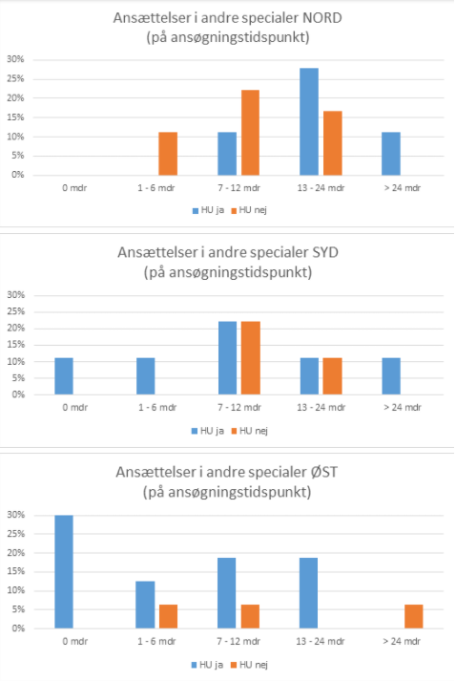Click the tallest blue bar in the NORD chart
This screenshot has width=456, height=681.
pos(309,121)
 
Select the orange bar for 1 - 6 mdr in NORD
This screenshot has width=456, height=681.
pos(168,154)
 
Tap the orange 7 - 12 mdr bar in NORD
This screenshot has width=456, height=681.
pos(250,133)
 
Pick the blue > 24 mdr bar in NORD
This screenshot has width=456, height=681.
pos(391,154)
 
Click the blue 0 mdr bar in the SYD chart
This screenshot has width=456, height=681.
pos(64,376)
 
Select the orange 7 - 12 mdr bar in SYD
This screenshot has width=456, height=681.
pos(250,358)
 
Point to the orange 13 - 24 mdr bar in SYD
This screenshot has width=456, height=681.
pos(332,376)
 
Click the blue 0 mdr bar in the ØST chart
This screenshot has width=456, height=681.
pos(64,571)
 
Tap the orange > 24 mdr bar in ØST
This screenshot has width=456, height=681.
pos(413,616)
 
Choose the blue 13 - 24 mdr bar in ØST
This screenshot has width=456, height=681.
pos(308,593)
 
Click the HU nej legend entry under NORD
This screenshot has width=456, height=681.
pos(249,210)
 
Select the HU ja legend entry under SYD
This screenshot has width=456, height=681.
pos(208,431)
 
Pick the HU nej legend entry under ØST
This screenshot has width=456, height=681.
pos(249,665)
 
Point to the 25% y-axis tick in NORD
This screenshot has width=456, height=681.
pos(15,79)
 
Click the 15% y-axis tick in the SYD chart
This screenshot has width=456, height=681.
pos(15,345)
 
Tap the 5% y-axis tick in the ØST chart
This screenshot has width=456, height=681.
pos(18,609)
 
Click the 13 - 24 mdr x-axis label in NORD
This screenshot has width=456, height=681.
pos(321,188)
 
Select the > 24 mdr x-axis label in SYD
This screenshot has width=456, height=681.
pos(403,408)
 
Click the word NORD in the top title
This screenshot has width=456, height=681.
pos(322,18)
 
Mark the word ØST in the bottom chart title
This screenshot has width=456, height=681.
pos(324,472)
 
